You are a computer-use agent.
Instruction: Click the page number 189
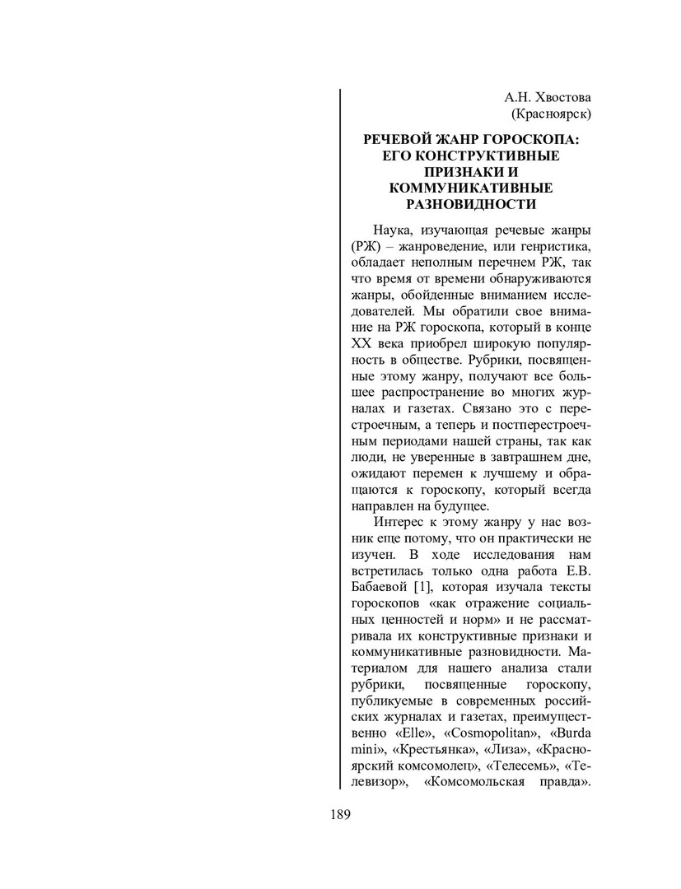click(x=340, y=815)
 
